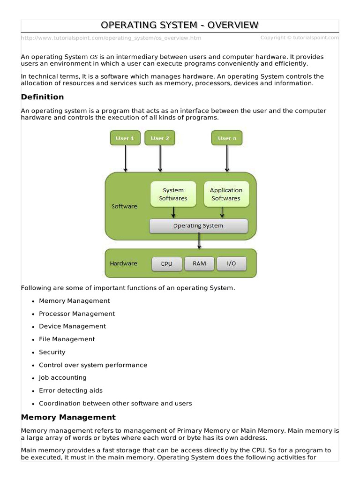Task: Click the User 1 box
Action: click(125, 138)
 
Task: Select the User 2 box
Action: click(160, 138)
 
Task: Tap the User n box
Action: click(227, 138)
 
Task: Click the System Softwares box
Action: click(173, 194)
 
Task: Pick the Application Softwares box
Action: click(226, 194)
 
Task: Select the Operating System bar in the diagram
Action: click(198, 226)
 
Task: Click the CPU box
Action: click(166, 264)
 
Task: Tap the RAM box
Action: click(199, 263)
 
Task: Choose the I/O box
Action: click(232, 263)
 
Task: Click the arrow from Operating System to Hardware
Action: click(200, 241)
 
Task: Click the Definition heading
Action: click(43, 97)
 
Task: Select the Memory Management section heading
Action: click(68, 417)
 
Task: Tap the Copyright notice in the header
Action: click(300, 37)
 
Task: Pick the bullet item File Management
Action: click(67, 339)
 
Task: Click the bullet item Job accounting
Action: click(63, 378)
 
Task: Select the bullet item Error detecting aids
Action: click(71, 390)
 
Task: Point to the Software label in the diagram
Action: click(124, 206)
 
